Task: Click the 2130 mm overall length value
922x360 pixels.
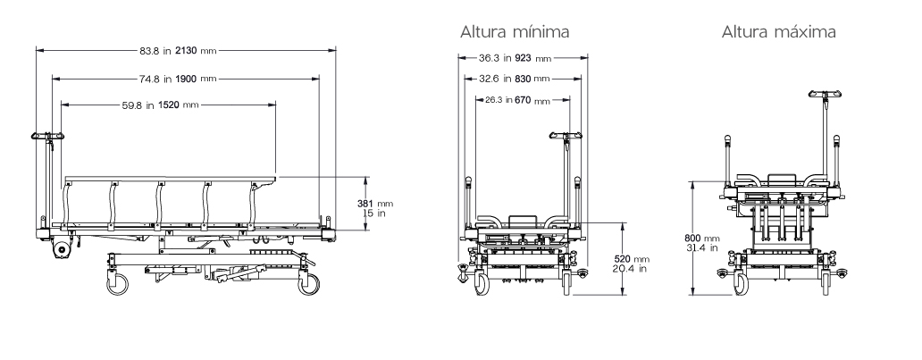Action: click(196, 51)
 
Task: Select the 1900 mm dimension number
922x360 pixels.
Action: click(196, 79)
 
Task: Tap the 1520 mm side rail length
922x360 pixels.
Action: click(178, 105)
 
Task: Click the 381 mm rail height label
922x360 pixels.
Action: click(376, 204)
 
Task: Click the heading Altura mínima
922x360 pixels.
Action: click(515, 31)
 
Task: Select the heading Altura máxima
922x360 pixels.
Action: click(778, 31)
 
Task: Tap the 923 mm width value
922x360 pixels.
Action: click(533, 58)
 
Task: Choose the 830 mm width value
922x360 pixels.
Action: click(532, 79)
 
